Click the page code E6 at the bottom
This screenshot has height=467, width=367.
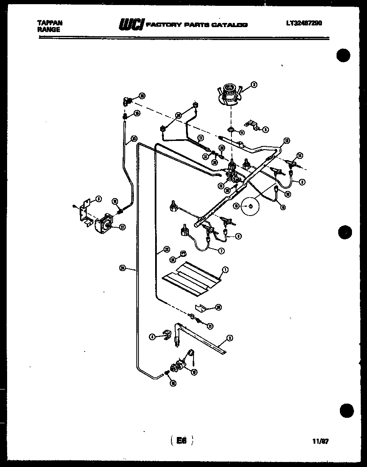point(181,440)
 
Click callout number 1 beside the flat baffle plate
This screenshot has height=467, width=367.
point(225,270)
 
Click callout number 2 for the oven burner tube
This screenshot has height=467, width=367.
point(229,338)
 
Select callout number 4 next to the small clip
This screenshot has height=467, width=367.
point(152,336)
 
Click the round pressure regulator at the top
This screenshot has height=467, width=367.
point(229,93)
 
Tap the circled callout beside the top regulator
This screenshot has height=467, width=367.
point(254,85)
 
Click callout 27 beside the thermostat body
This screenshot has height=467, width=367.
point(122,227)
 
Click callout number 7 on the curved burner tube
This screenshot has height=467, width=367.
point(221,251)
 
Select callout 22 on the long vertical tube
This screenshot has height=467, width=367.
point(166,249)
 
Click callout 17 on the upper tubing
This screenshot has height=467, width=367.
point(201,138)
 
